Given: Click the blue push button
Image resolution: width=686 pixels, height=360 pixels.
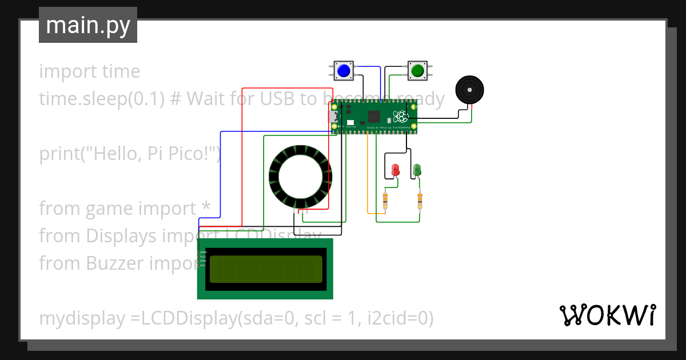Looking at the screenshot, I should (x=343, y=70).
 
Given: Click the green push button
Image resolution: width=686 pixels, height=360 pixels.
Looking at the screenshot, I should (x=417, y=70).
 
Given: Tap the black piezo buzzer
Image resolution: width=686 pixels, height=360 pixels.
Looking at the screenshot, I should (x=469, y=90).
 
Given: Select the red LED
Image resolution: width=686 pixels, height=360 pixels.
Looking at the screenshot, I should (x=395, y=170).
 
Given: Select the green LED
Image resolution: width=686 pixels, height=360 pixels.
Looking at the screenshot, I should (x=417, y=170).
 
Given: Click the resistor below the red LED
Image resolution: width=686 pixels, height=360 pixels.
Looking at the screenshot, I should (x=385, y=201).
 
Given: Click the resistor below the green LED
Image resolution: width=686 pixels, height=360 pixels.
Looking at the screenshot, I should (x=420, y=201).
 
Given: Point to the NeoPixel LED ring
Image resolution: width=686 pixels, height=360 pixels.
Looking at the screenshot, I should (x=300, y=178).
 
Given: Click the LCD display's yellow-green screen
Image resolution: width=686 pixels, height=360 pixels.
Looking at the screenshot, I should (x=266, y=269).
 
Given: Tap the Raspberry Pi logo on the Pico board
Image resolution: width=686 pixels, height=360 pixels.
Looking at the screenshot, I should (x=400, y=117).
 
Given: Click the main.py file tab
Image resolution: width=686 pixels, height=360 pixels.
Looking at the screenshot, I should (x=88, y=25).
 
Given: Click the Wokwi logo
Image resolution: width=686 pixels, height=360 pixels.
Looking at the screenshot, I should (x=607, y=315).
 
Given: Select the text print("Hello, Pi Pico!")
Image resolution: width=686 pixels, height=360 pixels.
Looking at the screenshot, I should (x=129, y=154).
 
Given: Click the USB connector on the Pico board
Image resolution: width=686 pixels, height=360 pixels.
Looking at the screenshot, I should (x=333, y=117).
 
